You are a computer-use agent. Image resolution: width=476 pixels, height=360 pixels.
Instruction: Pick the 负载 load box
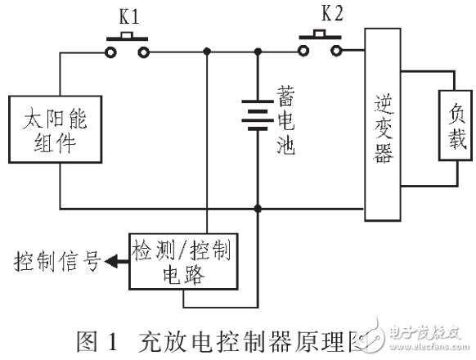pos(455,122)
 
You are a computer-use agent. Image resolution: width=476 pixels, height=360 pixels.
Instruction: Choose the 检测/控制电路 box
pos(181,263)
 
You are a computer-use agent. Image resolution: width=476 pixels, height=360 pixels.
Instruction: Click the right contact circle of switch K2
pos(336,52)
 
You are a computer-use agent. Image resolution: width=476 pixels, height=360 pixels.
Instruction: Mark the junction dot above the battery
pos(258,52)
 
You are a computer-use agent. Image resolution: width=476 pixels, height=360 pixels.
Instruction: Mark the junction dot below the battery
pos(258,209)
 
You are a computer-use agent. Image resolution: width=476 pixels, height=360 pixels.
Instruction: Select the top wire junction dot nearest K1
pos(208,52)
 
